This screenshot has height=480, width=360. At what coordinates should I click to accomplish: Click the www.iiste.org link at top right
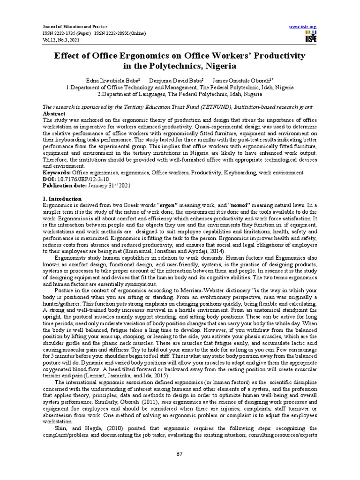tap(304, 26)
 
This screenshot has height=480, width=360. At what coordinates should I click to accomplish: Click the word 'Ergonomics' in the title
tap(127, 56)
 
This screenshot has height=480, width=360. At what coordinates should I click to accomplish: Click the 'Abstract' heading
tap(54, 114)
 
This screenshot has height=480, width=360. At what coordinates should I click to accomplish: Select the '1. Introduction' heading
tap(62, 199)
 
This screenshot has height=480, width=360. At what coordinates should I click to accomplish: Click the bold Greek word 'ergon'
tap(168, 205)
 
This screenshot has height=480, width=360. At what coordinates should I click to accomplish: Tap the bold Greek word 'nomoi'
tap(235, 205)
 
